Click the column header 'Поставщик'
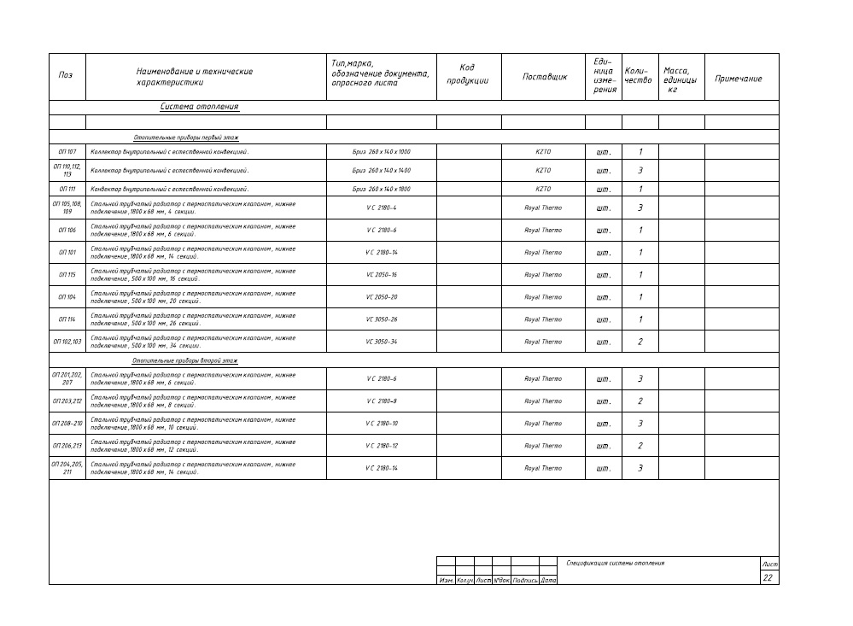(x=544, y=77)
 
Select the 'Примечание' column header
(x=738, y=79)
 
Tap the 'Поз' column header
(x=66, y=75)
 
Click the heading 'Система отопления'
(x=199, y=107)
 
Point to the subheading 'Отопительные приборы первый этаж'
(x=185, y=137)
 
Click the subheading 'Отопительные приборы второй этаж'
(x=185, y=360)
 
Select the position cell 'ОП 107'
(x=67, y=151)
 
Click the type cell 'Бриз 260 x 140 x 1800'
(x=381, y=189)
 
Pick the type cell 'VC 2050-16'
(x=381, y=275)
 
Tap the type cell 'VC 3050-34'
(x=381, y=342)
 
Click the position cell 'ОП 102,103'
(x=67, y=342)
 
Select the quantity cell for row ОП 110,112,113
(x=640, y=171)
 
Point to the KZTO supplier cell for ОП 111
(x=543, y=189)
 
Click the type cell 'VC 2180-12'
(x=381, y=446)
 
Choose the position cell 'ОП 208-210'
(x=67, y=424)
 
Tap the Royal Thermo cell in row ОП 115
(x=543, y=275)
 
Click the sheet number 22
(x=768, y=578)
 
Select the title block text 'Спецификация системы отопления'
(x=615, y=563)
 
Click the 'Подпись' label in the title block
(x=524, y=581)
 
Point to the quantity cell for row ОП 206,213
(x=640, y=446)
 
